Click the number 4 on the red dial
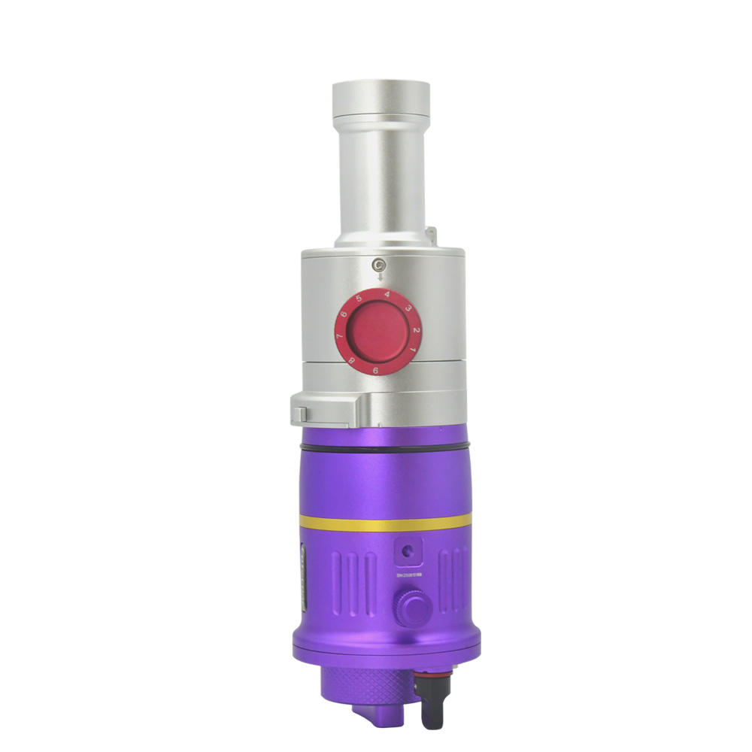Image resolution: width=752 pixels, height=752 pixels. [387, 295]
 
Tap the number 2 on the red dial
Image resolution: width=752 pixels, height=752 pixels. [416, 331]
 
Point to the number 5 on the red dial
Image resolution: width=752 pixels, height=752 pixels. [359, 299]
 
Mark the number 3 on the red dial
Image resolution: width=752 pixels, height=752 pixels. [407, 308]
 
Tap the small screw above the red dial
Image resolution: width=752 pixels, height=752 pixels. [380, 264]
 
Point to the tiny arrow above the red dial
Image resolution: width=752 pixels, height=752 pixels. [380, 277]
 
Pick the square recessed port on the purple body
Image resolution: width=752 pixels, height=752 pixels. [408, 551]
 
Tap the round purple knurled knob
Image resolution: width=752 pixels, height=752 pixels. [413, 608]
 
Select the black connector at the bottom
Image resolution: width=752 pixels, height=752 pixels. [432, 703]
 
